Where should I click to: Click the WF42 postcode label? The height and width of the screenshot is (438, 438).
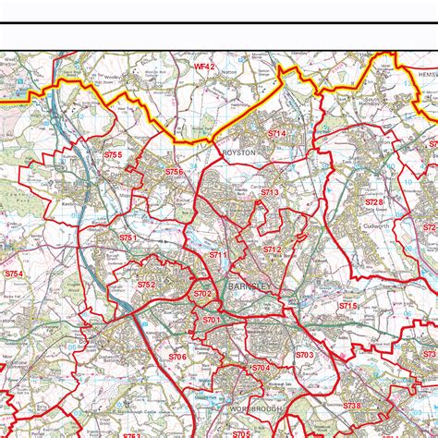tap(204, 67)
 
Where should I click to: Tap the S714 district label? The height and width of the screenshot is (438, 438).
tap(277, 134)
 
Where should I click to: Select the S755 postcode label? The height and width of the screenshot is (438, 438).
tap(113, 155)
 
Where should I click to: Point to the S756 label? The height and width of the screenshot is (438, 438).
tap(175, 172)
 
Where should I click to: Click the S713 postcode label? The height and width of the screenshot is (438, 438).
tap(270, 192)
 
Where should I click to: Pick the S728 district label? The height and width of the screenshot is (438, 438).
tap(373, 201)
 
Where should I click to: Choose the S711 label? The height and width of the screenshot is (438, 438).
tap(217, 254)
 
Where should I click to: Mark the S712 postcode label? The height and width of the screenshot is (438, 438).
tap(272, 249)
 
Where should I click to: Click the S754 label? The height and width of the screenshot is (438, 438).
tap(13, 274)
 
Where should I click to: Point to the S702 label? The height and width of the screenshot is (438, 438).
tap(203, 293)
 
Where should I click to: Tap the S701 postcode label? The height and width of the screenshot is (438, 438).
tap(213, 320)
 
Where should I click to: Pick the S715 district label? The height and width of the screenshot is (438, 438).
tap(347, 305)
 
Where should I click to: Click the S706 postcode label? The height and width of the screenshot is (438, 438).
tap(177, 357)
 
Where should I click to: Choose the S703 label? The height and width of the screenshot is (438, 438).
tap(304, 355)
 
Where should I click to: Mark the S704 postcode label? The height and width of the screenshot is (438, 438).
tap(260, 368)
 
